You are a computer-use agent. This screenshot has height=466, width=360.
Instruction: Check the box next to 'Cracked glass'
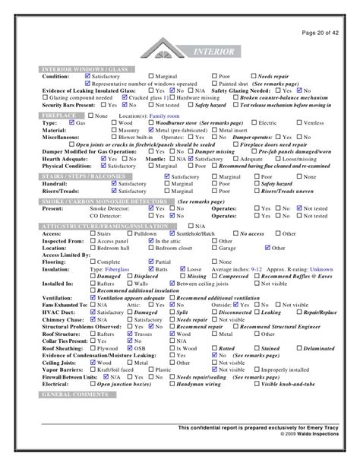point(125,98)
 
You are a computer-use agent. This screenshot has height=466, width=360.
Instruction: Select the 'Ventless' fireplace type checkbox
point(296,122)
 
